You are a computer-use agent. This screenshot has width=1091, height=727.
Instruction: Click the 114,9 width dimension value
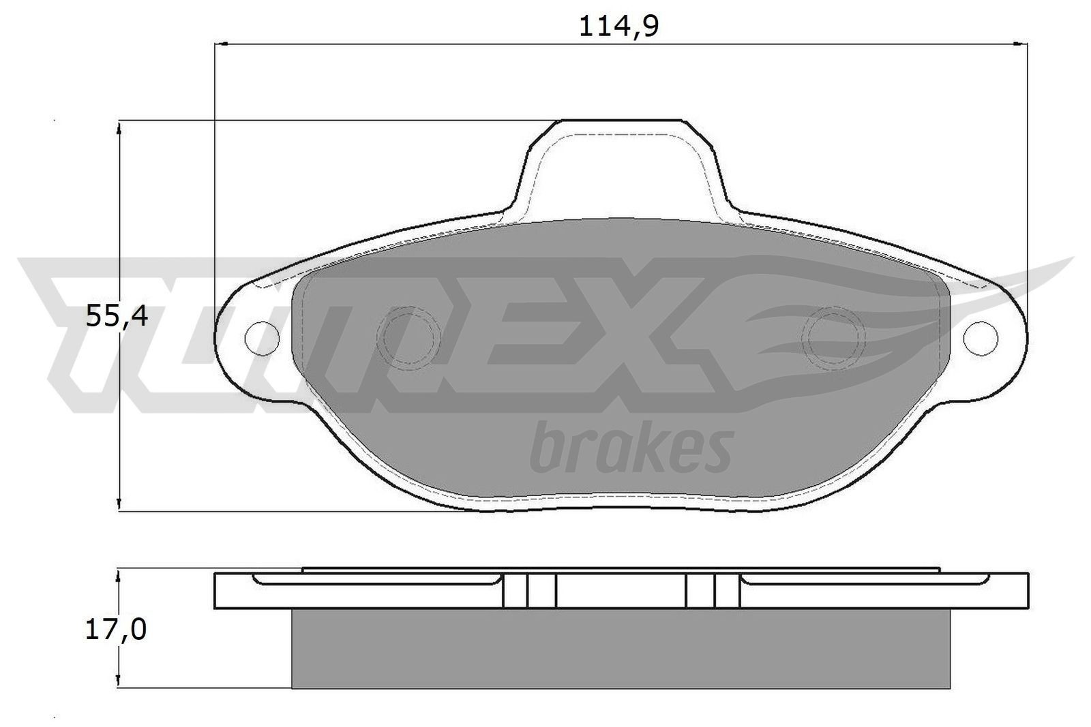[x=619, y=27]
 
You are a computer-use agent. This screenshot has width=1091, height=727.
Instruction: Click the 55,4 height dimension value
[x=117, y=316]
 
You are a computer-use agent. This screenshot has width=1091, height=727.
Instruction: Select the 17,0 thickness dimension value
[x=115, y=631]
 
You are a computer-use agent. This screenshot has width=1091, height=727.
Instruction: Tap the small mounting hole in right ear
[x=981, y=336]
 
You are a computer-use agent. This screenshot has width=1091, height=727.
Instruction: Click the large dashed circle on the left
[x=409, y=337]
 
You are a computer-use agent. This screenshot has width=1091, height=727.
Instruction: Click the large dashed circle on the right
[x=834, y=337]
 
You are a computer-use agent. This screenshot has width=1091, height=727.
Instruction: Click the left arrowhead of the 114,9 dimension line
[x=220, y=45]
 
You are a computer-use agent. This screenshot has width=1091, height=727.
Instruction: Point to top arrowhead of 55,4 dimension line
[x=119, y=127]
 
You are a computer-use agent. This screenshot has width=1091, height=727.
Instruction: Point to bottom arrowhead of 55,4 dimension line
[x=119, y=505]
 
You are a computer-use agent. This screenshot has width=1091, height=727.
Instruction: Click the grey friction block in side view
[x=619, y=647]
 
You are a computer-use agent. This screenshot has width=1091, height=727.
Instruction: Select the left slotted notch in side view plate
[x=529, y=590]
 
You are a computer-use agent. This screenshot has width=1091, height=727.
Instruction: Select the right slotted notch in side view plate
[x=712, y=590]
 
